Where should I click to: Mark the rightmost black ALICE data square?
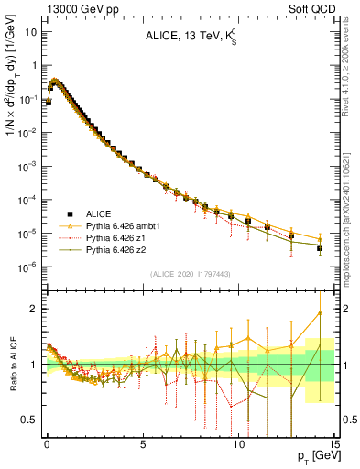[319, 248]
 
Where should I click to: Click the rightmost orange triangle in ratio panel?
[319, 312]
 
